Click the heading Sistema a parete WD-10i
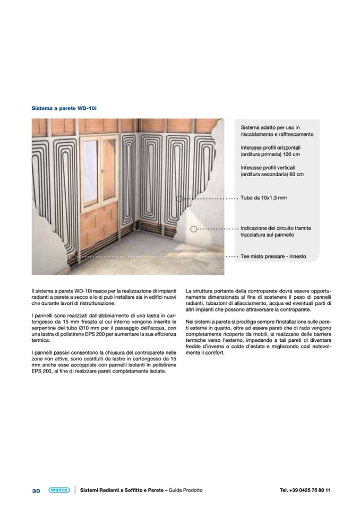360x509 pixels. click(x=64, y=108)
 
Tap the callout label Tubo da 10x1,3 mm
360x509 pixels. click(x=263, y=198)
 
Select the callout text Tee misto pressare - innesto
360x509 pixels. click(x=273, y=256)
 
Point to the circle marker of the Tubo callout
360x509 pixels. click(x=179, y=199)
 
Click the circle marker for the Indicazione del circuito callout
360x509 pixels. click(x=194, y=229)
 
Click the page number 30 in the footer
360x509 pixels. click(x=36, y=490)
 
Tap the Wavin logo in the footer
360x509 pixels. click(x=58, y=490)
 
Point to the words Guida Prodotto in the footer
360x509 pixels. click(x=185, y=490)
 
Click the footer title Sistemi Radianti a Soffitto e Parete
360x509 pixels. click(x=122, y=490)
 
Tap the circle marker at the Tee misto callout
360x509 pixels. click(x=72, y=256)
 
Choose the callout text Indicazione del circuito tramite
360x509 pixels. click(x=276, y=228)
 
